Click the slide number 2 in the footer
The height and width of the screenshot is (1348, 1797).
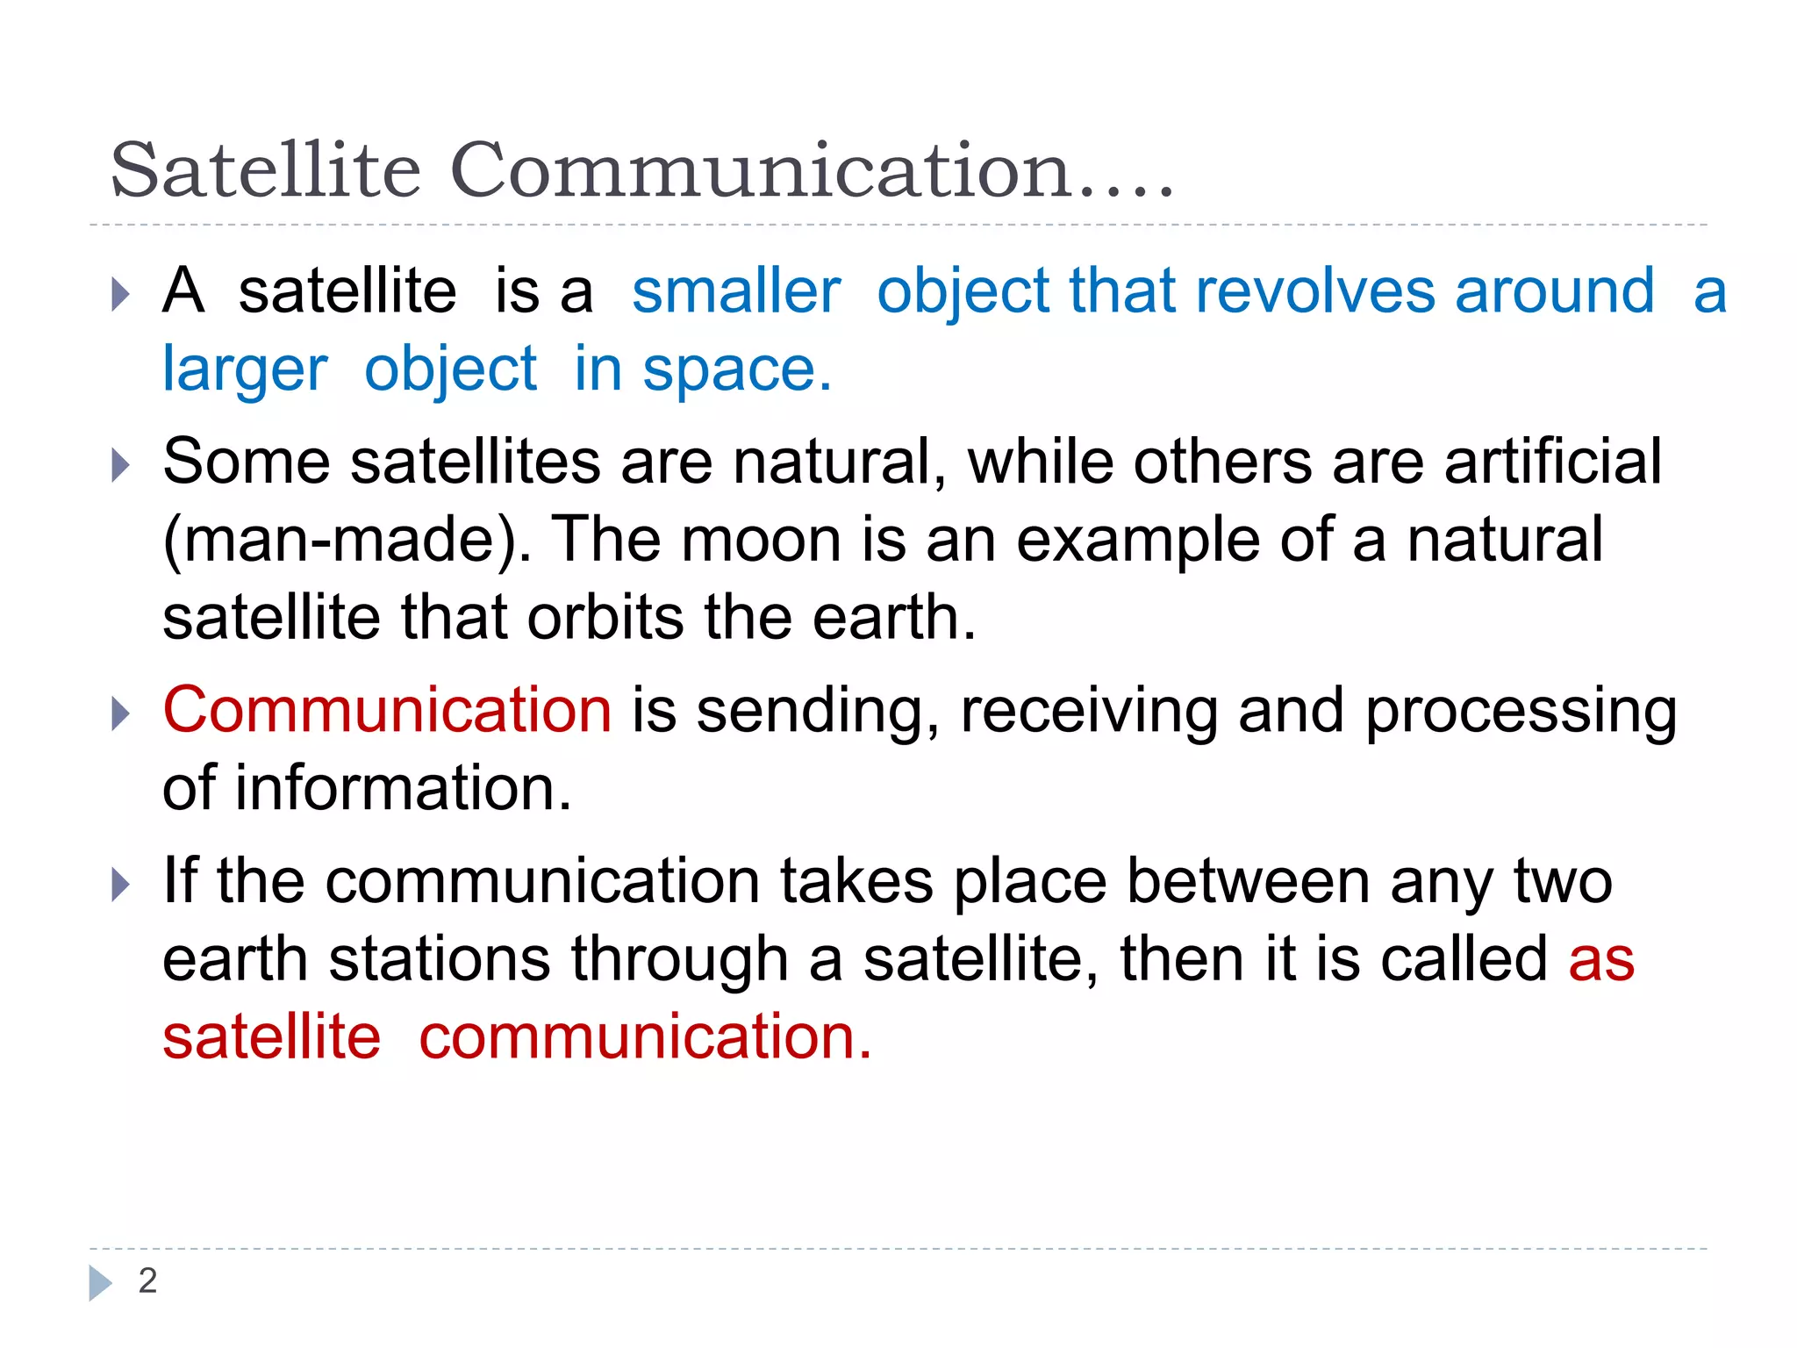point(147,1281)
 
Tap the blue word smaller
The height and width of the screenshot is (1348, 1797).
point(735,291)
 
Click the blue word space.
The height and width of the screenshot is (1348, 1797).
point(737,370)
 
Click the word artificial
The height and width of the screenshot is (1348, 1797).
point(1552,462)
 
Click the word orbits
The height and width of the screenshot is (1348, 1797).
point(605,618)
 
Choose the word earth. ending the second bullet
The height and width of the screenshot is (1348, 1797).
point(893,618)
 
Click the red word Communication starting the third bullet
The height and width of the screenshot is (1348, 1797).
point(387,710)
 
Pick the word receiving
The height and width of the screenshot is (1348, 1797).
point(1089,712)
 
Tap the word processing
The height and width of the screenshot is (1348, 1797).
point(1521,712)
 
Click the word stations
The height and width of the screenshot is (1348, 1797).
point(440,958)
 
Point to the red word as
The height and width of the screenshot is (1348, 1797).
point(1601,960)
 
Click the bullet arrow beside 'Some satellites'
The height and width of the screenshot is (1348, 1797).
point(121,464)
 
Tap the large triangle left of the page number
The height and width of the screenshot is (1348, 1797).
point(100,1283)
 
